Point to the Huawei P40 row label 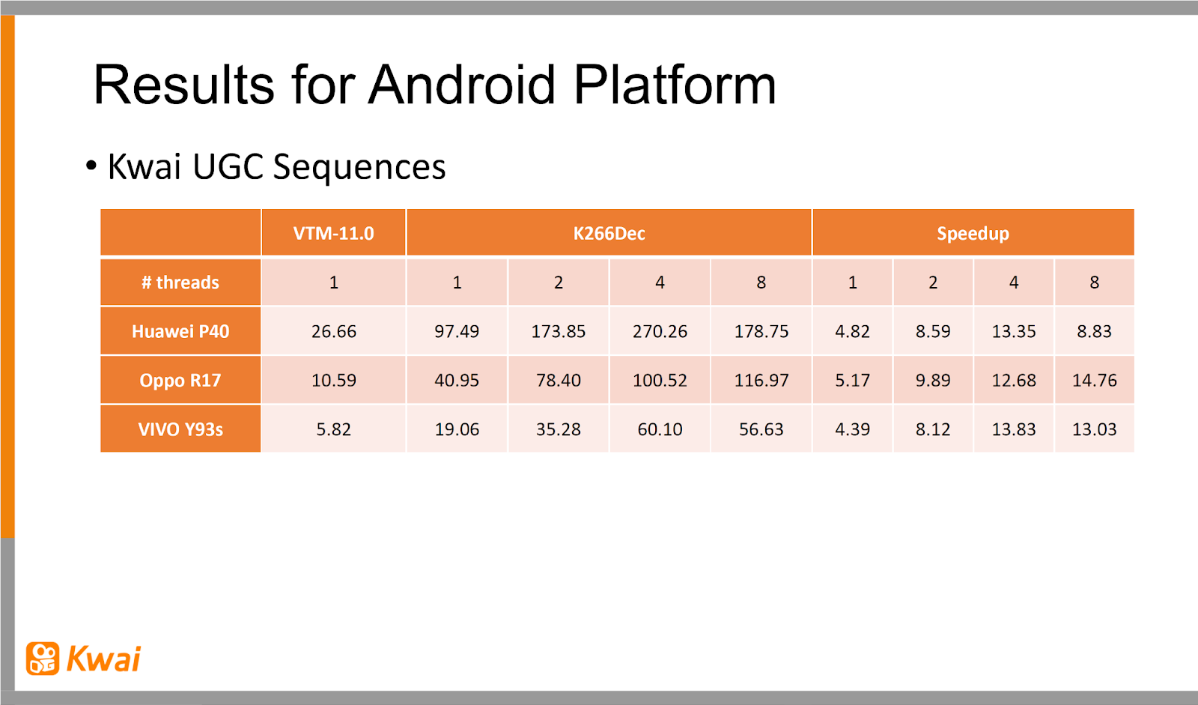click(x=180, y=331)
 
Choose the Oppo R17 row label click(x=180, y=380)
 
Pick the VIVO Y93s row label click(x=180, y=429)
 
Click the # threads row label click(x=180, y=282)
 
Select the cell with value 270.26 click(x=660, y=331)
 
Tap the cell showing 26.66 click(x=334, y=331)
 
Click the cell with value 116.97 click(x=761, y=380)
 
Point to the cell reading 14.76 click(x=1094, y=380)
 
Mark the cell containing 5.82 click(x=334, y=429)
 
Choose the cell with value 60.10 click(x=660, y=429)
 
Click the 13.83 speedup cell click(x=1014, y=429)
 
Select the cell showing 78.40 click(x=559, y=380)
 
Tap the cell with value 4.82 click(x=853, y=331)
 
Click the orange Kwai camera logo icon click(x=43, y=659)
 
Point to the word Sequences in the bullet click(x=359, y=167)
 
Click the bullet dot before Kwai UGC click(x=91, y=166)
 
